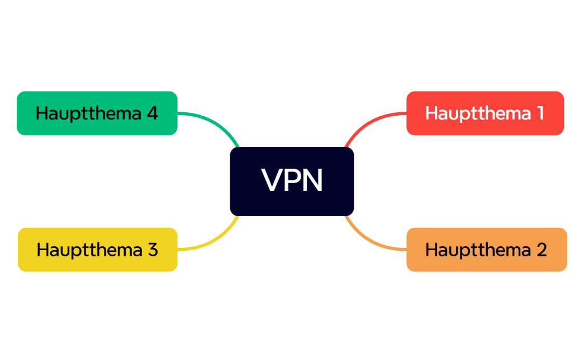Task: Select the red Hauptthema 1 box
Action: pos(485,113)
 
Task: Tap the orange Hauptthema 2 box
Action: pos(486,250)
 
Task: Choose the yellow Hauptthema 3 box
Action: pos(97,250)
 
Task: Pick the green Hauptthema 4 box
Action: pos(97,113)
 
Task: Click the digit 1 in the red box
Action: pos(539,113)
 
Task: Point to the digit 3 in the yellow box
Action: pos(153,250)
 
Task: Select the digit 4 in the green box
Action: pos(152,113)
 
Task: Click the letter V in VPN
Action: pos(272,180)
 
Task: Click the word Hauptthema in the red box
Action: pos(478,113)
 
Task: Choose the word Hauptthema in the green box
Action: pos(88,113)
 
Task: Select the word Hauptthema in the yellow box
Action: pos(89,250)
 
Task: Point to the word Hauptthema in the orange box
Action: pos(478,250)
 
